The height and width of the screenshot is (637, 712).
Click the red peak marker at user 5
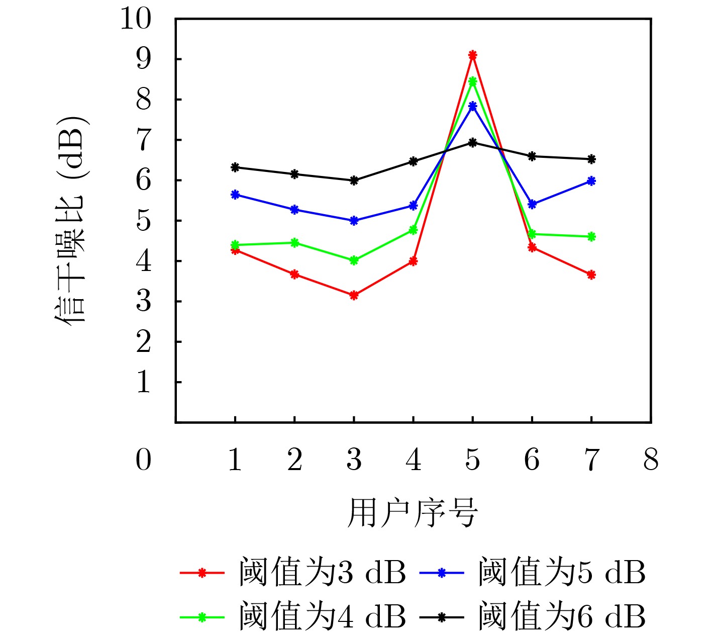pos(472,55)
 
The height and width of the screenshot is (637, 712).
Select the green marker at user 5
pos(472,81)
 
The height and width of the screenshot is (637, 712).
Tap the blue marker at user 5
pos(472,106)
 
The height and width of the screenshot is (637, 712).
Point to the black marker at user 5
pos(472,142)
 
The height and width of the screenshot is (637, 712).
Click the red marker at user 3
pos(354,295)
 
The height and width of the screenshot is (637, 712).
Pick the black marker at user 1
pos(235,167)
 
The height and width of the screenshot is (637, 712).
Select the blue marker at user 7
pos(591,180)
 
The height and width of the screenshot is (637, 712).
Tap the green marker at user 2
pos(294,243)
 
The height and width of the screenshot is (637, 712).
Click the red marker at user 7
pos(591,275)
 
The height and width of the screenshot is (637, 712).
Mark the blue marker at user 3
pos(354,220)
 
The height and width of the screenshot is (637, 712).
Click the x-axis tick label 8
pos(651,460)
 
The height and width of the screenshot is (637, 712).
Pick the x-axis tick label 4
pos(413,460)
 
